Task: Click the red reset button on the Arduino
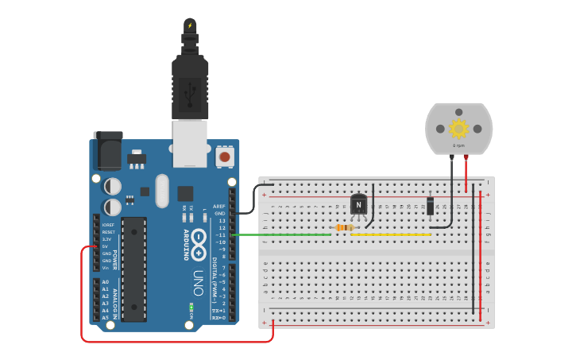tap(225, 157)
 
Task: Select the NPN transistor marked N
tap(359, 205)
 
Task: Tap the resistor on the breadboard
tap(343, 227)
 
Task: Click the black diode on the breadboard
tap(430, 205)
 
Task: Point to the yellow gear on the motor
tap(458, 128)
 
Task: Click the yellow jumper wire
tap(391, 234)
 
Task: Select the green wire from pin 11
tap(283, 234)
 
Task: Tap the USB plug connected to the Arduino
tap(190, 87)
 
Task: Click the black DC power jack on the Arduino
tap(108, 150)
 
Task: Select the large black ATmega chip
tap(133, 269)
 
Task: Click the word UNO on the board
tap(198, 282)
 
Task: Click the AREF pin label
tap(219, 207)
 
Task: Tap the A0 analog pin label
tap(105, 282)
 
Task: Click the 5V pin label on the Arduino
tap(105, 246)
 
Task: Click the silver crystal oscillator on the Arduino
tap(163, 191)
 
